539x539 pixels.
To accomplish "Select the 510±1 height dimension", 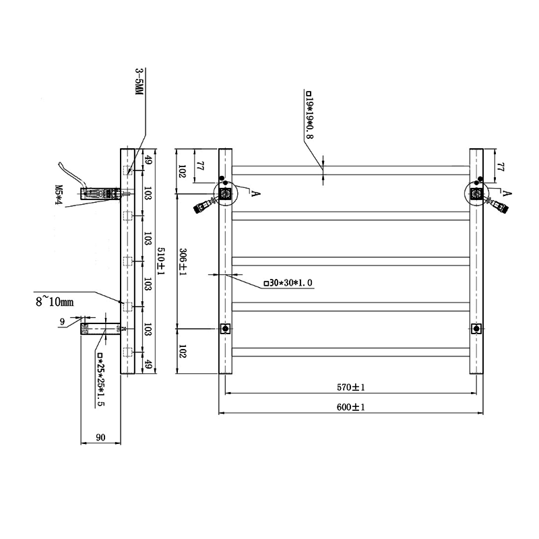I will (161, 260).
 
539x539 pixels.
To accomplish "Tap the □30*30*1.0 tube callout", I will (289, 283).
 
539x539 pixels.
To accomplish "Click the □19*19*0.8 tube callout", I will (309, 115).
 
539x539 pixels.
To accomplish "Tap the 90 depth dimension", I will (100, 438).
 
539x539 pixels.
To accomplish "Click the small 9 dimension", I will (62, 322).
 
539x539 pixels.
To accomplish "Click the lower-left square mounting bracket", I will (226, 329).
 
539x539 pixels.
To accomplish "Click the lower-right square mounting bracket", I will (477, 329).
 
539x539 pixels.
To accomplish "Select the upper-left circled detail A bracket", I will (226, 193).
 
